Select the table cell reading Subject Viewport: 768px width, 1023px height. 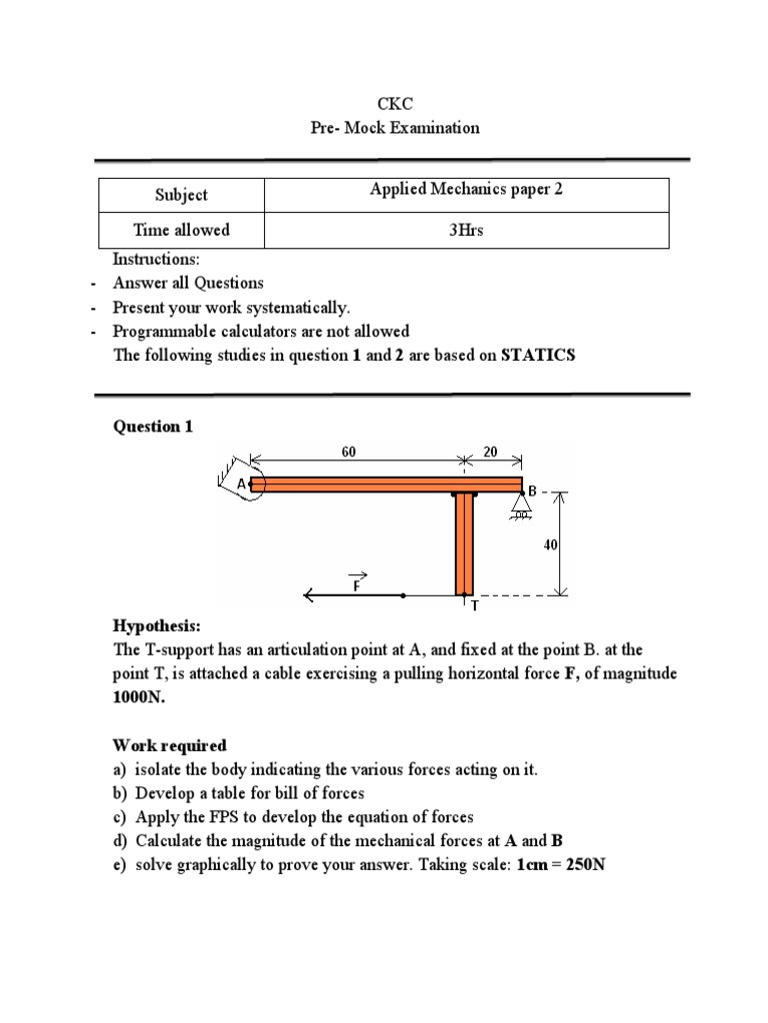tap(181, 195)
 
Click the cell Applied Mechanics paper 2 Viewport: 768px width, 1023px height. tap(466, 189)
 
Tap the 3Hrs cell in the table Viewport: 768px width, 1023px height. tap(465, 230)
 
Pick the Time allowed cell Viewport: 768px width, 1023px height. tap(181, 230)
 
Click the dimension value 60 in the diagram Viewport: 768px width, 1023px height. tap(349, 453)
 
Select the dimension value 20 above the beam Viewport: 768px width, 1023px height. tap(490, 453)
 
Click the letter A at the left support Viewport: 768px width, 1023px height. tap(241, 485)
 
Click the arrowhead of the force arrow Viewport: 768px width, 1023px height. tap(311, 595)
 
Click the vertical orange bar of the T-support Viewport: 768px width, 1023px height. tap(463, 543)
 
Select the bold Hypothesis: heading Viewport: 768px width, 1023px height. tap(157, 626)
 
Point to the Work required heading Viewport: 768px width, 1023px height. tap(169, 745)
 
